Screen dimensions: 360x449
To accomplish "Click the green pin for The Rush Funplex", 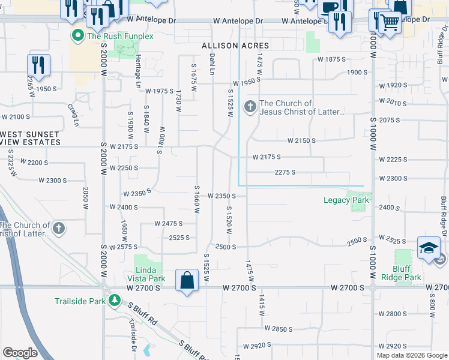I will tap(77, 36).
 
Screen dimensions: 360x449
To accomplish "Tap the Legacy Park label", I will tap(346, 200).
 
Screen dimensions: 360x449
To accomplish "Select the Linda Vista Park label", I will tap(146, 274).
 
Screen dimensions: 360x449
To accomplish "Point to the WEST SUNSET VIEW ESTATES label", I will tap(31, 138).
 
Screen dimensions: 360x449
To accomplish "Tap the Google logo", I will tap(20, 353).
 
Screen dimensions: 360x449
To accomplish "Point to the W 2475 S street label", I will tap(168, 223).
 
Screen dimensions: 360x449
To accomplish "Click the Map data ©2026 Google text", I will tap(412, 355).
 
